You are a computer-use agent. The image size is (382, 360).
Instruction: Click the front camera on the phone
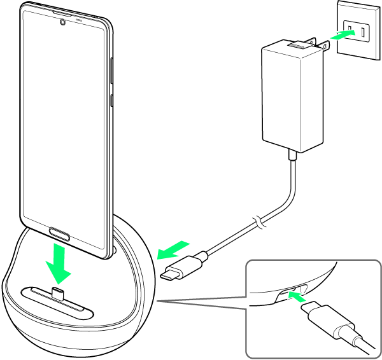tap(62, 23)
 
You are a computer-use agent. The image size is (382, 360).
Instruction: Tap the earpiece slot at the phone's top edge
tap(63, 13)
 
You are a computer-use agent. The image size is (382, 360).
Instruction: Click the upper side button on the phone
tap(112, 70)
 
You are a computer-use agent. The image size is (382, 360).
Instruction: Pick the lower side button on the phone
tap(112, 99)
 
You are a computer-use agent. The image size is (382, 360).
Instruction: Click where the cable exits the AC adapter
tap(292, 155)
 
